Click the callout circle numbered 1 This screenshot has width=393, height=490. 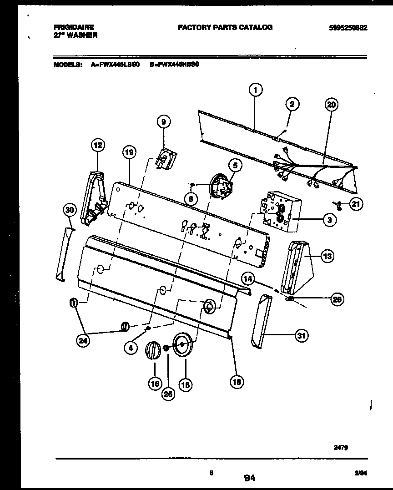[256, 91]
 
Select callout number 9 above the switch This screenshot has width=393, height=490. [163, 121]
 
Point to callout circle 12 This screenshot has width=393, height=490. [97, 146]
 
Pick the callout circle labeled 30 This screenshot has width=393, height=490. [69, 210]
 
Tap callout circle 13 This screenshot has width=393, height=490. [327, 257]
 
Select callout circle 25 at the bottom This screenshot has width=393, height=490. [168, 394]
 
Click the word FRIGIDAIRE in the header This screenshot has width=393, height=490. [73, 28]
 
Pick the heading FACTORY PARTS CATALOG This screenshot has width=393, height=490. [225, 27]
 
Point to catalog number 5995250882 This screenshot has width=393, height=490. [348, 28]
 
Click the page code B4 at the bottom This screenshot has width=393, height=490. [249, 478]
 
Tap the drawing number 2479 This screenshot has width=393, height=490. [342, 448]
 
